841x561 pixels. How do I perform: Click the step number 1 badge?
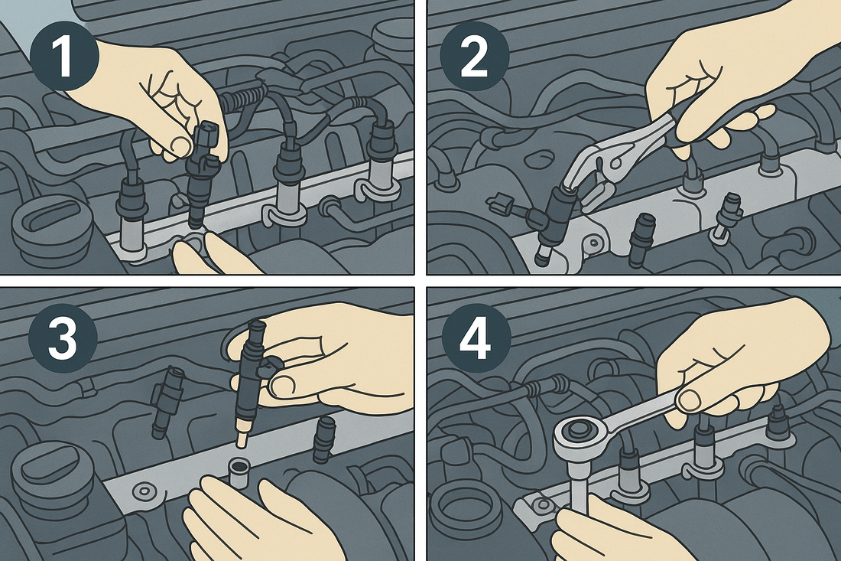(x=63, y=57)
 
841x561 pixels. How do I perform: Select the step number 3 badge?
(x=63, y=339)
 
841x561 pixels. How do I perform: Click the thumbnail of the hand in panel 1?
(x=180, y=144)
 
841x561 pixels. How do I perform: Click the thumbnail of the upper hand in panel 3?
(x=282, y=385)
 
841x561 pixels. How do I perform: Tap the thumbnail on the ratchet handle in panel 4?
(x=690, y=398)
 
